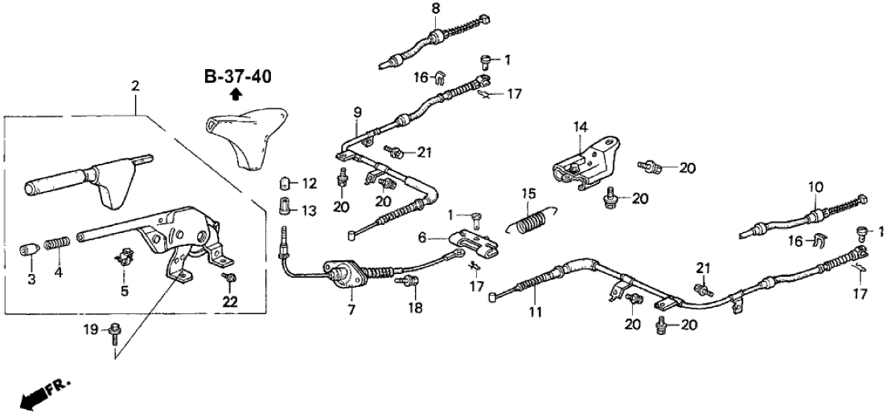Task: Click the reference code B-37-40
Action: pyautogui.click(x=237, y=77)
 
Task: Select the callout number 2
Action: pyautogui.click(x=135, y=85)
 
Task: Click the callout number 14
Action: pyautogui.click(x=581, y=126)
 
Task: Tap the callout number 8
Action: pyautogui.click(x=435, y=9)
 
